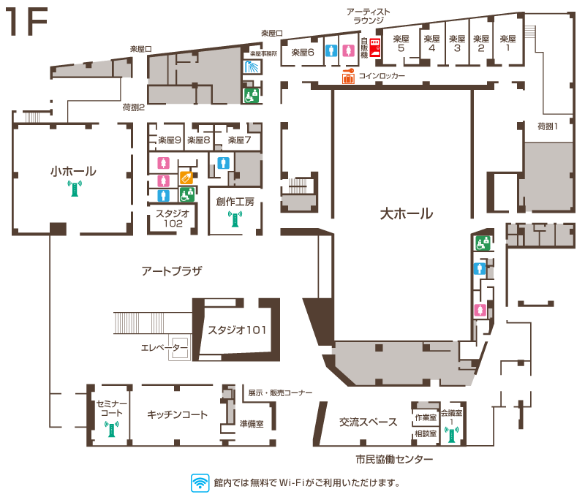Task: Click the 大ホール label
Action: (407, 214)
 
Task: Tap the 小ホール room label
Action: (74, 171)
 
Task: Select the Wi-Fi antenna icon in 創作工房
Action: (235, 219)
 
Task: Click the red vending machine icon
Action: (375, 48)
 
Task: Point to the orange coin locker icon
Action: (348, 77)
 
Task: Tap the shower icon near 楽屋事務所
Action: (252, 67)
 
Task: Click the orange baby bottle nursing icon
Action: (186, 178)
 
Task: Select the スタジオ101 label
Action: (237, 330)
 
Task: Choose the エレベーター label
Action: (164, 348)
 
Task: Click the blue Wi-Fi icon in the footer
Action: (200, 483)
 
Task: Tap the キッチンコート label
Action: (177, 414)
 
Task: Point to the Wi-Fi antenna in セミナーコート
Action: (112, 429)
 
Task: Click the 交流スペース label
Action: (369, 422)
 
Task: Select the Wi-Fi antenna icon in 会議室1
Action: (451, 435)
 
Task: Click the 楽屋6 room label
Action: (303, 53)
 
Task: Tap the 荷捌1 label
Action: (547, 126)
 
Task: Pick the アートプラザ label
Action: (172, 271)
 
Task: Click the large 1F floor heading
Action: (26, 22)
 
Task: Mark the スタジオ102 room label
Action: (173, 219)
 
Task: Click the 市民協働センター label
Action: (394, 459)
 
